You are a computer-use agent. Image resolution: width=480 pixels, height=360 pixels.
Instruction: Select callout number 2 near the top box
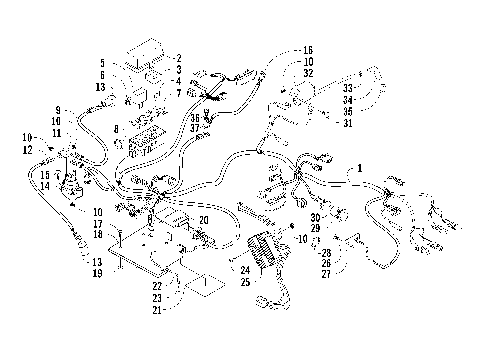tap(178, 58)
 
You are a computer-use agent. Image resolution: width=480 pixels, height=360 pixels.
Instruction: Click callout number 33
tap(348, 88)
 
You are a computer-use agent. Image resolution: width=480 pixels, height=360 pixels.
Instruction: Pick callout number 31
tap(348, 123)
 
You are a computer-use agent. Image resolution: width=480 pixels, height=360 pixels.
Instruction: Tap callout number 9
tap(58, 108)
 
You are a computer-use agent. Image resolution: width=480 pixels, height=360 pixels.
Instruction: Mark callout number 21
tap(157, 311)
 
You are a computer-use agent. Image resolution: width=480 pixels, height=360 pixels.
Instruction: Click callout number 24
tap(243, 270)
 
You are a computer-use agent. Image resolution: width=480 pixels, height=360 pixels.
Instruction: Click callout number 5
tap(102, 64)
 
